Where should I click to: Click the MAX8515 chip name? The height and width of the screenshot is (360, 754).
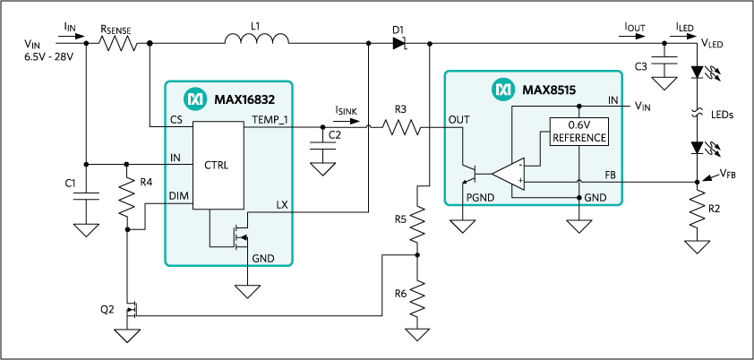pyautogui.click(x=546, y=90)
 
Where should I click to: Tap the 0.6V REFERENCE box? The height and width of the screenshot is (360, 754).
pyautogui.click(x=579, y=132)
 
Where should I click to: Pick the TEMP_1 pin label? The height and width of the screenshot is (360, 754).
pyautogui.click(x=271, y=120)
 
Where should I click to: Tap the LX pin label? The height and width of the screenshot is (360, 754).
pyautogui.click(x=282, y=206)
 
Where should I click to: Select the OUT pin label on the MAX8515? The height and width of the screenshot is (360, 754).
pyautogui.click(x=458, y=118)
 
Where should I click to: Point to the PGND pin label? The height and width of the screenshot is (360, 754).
pyautogui.click(x=480, y=197)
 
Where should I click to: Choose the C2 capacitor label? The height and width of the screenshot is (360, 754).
pyautogui.click(x=335, y=135)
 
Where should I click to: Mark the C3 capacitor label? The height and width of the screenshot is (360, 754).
pyautogui.click(x=641, y=66)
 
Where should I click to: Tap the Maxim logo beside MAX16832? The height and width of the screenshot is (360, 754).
pyautogui.click(x=193, y=98)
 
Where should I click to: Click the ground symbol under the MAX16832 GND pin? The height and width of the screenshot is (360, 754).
pyautogui.click(x=246, y=291)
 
